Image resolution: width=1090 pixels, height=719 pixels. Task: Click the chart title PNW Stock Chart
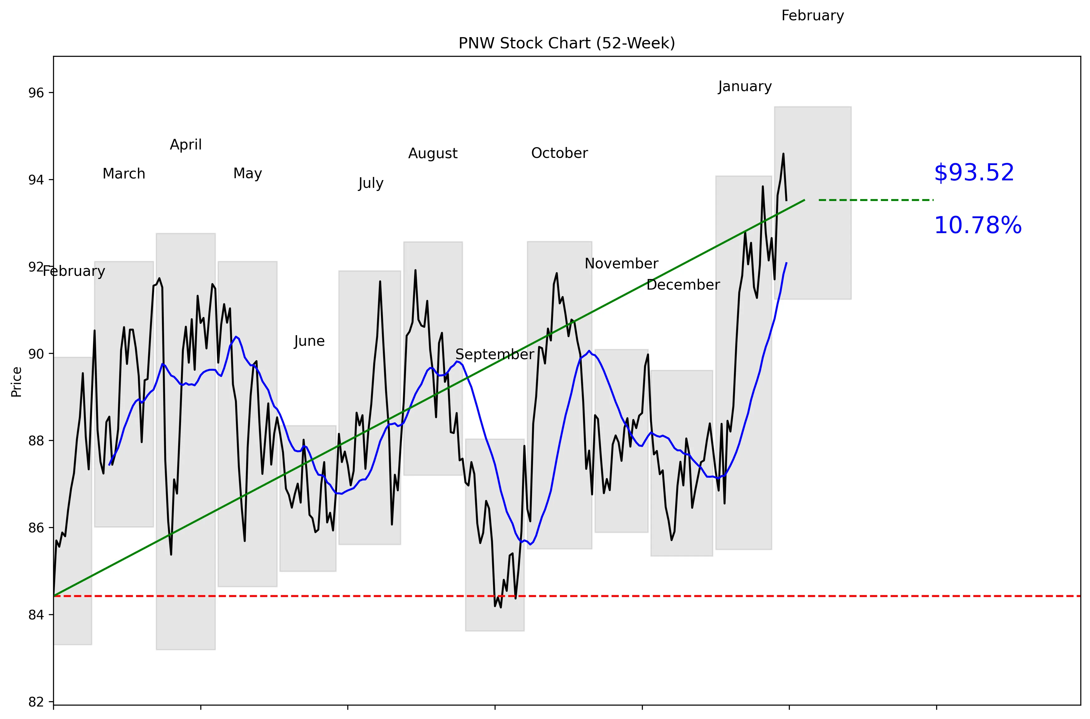point(566,43)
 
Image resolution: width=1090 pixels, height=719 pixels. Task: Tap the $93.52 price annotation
point(974,173)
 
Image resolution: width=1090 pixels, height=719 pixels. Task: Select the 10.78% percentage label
point(977,226)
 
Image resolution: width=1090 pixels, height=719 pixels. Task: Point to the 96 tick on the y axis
point(36,93)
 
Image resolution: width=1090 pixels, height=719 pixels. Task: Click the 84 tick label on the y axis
point(36,615)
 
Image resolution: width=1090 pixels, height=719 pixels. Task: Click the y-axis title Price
point(17,382)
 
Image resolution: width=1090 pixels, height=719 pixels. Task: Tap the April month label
point(186,145)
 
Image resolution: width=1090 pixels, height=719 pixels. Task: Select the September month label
point(494,355)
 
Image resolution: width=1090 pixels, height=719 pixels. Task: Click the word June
point(309,341)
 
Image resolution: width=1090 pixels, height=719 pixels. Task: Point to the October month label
point(559,153)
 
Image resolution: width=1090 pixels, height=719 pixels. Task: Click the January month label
point(745,87)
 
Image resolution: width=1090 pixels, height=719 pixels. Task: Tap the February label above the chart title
point(812,16)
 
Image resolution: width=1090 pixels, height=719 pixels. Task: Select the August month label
point(433,154)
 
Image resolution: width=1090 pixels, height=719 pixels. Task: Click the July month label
point(370,183)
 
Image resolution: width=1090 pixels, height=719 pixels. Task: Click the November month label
point(621,264)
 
